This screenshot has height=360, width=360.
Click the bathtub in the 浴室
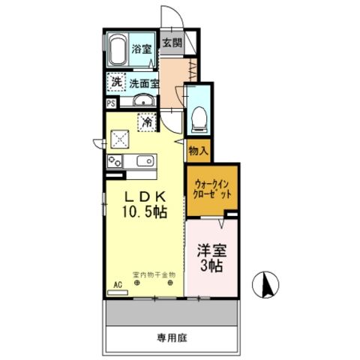(x=117, y=50)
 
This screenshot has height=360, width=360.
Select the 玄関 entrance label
(x=171, y=43)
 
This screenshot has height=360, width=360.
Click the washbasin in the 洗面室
(x=143, y=101)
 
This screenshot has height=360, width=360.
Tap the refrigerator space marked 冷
(x=147, y=119)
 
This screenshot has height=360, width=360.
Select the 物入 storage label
(x=199, y=151)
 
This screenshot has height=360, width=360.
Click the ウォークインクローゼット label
(x=212, y=188)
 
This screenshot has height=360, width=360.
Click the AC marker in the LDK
(x=117, y=284)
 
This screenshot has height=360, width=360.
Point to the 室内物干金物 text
(x=153, y=274)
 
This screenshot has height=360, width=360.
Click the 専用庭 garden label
(x=172, y=338)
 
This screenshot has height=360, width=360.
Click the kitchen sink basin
(x=141, y=160)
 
